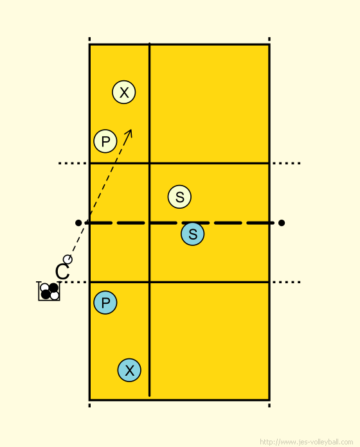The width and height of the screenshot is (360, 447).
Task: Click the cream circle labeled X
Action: (x=124, y=92)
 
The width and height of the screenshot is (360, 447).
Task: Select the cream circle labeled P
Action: (x=105, y=141)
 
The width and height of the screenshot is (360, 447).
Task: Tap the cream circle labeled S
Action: (x=179, y=197)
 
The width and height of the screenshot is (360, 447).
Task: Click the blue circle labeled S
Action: (x=193, y=234)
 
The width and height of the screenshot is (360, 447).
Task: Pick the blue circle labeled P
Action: (x=105, y=302)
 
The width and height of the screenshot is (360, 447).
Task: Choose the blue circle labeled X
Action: (x=129, y=370)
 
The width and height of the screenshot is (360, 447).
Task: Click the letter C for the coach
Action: (x=62, y=272)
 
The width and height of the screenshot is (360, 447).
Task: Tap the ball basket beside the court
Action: (x=49, y=291)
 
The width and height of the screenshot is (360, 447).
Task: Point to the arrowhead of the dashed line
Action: (x=130, y=131)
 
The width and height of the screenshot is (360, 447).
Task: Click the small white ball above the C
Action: (x=67, y=259)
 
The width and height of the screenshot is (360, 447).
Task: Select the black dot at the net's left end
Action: (x=78, y=223)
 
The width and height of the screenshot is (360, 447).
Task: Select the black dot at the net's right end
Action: (x=282, y=223)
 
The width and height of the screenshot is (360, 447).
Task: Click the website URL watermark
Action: (x=307, y=442)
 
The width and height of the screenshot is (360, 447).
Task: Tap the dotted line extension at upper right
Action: (x=286, y=163)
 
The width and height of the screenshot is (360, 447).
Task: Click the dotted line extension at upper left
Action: (x=73, y=163)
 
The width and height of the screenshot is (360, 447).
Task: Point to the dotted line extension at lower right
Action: (x=286, y=282)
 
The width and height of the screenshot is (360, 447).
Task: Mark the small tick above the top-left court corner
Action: (x=89, y=39)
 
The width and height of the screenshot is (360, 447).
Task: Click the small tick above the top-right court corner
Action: (x=269, y=39)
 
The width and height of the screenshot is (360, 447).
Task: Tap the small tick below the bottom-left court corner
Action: (x=89, y=405)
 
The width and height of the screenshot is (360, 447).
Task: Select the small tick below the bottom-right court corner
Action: (x=269, y=405)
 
